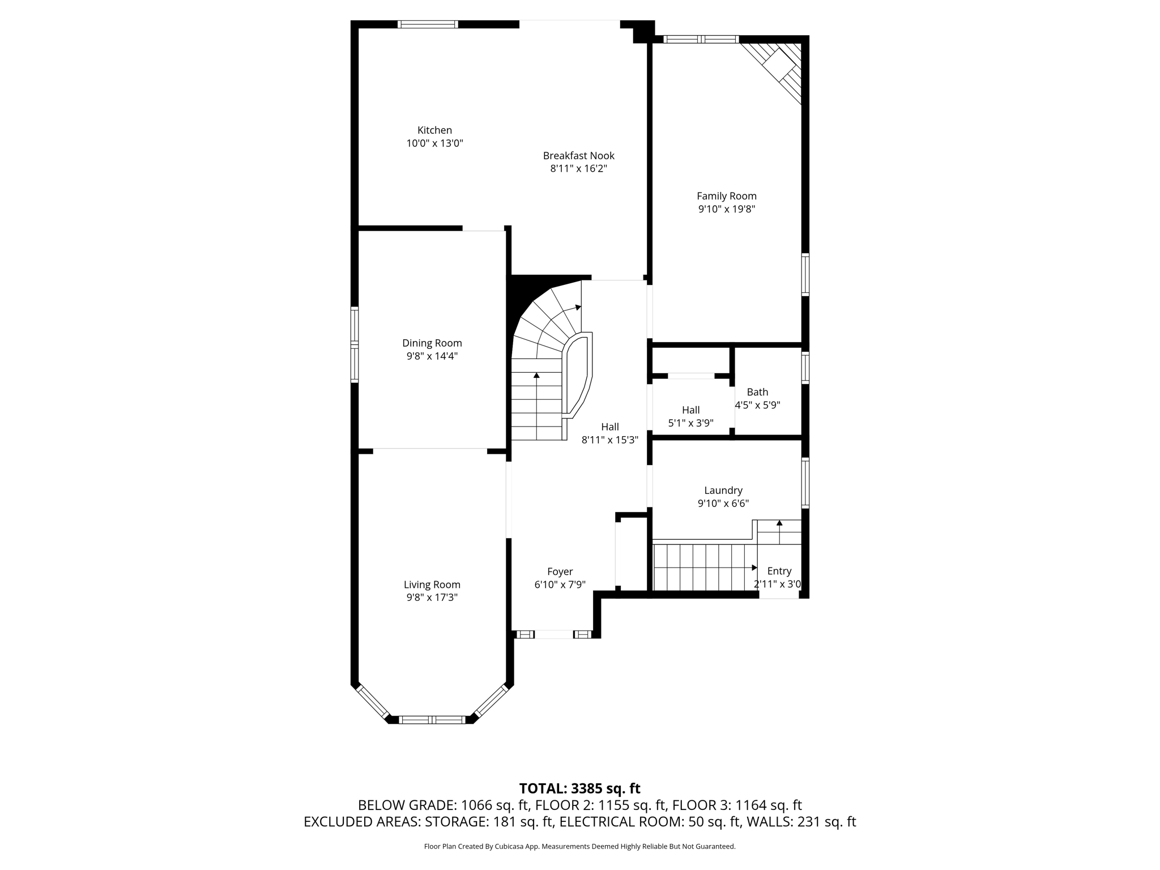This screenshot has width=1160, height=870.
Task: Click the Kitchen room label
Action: pos(434,130)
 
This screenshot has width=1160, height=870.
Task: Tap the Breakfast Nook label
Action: pos(578,156)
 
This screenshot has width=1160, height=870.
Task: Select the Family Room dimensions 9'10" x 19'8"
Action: pos(726,209)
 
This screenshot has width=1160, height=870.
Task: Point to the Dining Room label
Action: pos(432,343)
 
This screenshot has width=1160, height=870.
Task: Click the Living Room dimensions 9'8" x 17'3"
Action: pos(432,598)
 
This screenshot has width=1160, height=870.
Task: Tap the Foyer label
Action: pos(560,572)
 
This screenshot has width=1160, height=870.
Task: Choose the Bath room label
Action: pos(757,392)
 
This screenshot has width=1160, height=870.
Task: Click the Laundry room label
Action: pos(723,491)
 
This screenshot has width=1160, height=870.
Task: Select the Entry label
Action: pos(779,571)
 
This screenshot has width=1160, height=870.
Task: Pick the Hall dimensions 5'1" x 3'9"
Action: pos(690,423)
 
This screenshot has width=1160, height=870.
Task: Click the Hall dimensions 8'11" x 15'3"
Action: pos(610,440)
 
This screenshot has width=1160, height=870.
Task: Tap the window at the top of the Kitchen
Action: pos(428,24)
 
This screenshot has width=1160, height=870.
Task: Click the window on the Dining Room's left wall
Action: pos(355,344)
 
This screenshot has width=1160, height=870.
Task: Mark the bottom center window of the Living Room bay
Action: pos(432,720)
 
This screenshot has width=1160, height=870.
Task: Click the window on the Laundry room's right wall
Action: pos(805,483)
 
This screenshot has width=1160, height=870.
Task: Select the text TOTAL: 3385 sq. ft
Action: pos(579,788)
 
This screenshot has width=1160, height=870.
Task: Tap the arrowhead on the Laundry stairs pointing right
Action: pos(754,568)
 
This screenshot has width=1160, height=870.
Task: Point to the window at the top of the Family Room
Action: pos(701,39)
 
